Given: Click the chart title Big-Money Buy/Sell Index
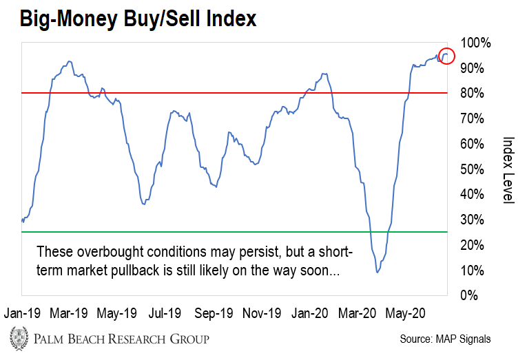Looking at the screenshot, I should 138,19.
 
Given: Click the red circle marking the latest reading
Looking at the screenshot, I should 446,55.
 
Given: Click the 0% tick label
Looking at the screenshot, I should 471,295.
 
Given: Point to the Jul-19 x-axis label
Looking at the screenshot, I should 165,313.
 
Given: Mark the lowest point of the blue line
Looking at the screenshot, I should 378,272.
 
